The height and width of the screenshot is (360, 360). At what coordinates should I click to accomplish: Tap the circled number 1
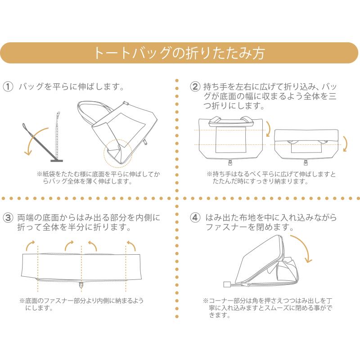[8, 87]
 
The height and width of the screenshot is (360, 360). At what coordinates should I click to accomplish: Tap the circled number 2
[195, 87]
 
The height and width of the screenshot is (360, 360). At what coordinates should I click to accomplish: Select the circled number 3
[8, 217]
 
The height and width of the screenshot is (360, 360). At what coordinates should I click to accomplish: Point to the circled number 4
[195, 217]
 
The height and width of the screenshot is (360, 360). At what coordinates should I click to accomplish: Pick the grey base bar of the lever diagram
[57, 161]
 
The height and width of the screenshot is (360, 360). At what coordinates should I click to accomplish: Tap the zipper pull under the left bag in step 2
[230, 162]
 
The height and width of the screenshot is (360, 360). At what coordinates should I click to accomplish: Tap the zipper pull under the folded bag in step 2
[306, 162]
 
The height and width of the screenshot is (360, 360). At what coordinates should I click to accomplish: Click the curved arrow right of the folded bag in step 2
[346, 144]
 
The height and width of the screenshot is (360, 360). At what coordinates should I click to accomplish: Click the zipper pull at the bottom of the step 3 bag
[81, 285]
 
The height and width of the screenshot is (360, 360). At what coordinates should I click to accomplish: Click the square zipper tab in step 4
[227, 285]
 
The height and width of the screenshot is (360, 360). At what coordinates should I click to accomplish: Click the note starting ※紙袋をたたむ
[99, 177]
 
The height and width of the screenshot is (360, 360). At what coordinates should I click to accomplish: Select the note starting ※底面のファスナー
[81, 304]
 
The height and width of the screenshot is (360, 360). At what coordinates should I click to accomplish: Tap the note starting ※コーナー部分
[268, 308]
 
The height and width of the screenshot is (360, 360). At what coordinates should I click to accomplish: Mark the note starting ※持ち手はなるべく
[271, 177]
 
